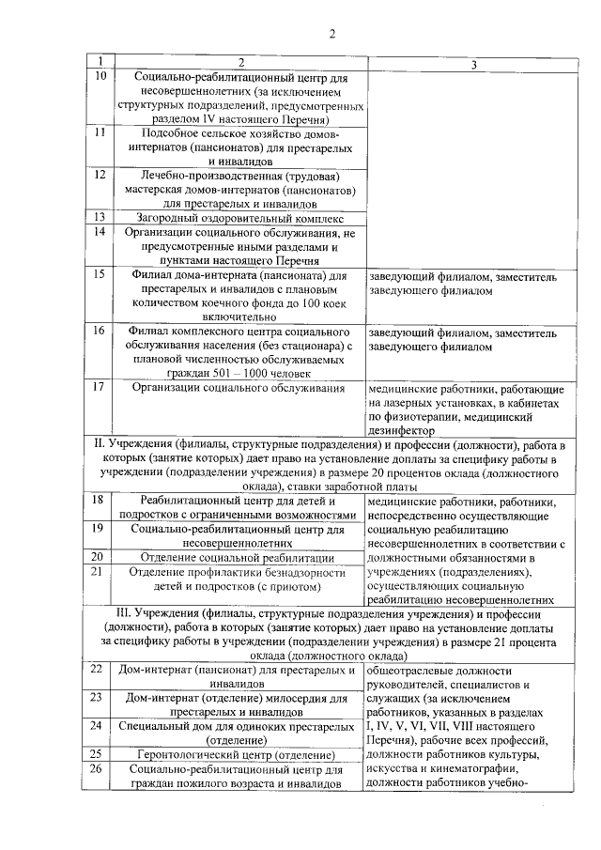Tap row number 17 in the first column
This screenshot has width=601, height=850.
point(99,387)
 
